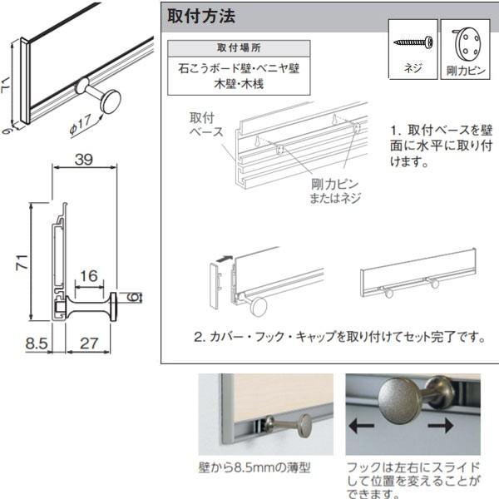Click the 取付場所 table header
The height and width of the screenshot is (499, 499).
[x=238, y=47]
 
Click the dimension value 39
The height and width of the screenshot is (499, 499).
[x=83, y=160]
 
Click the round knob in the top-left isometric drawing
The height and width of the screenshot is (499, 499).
[x=109, y=101]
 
